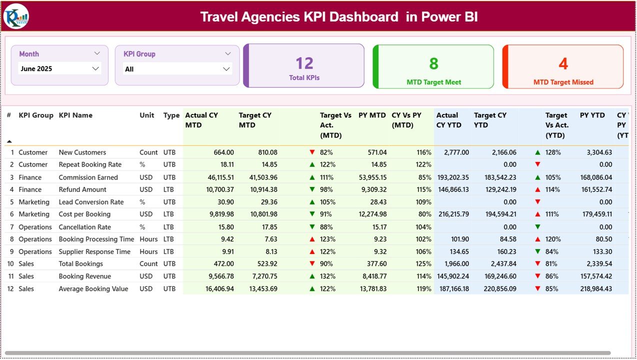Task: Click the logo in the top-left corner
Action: (x=16, y=16)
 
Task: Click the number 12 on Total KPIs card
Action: (x=304, y=63)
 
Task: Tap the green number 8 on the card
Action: (x=433, y=63)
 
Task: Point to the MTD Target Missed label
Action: (x=563, y=82)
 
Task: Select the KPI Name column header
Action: (x=75, y=115)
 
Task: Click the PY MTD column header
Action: (x=372, y=115)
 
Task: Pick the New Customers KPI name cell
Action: (x=82, y=152)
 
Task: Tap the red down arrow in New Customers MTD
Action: (x=312, y=152)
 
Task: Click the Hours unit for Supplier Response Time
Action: (x=148, y=252)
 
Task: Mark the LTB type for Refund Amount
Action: (x=169, y=189)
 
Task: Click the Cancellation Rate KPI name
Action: (x=84, y=227)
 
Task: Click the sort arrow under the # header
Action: (x=9, y=142)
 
